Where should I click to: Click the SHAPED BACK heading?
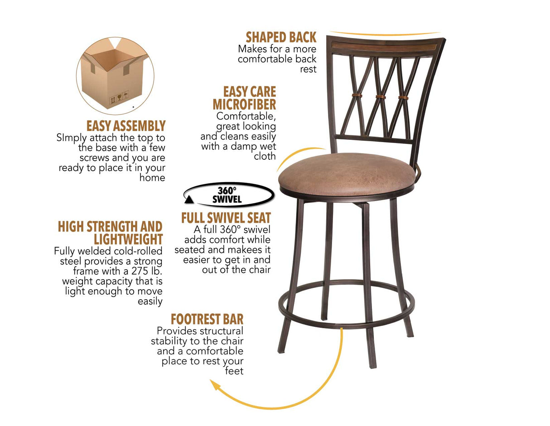point(281,37)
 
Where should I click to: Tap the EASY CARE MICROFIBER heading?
point(245,98)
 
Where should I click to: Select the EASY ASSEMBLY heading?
point(126,126)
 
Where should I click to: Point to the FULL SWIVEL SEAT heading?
point(226,218)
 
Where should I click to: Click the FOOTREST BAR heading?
point(207,319)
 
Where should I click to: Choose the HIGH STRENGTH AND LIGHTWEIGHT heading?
point(110,233)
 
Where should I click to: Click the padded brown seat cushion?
point(346,174)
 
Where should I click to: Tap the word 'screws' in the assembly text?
point(95,158)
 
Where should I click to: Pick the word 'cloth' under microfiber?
point(265,156)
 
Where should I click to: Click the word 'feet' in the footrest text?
point(234,371)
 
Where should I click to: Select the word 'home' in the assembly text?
point(152,178)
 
